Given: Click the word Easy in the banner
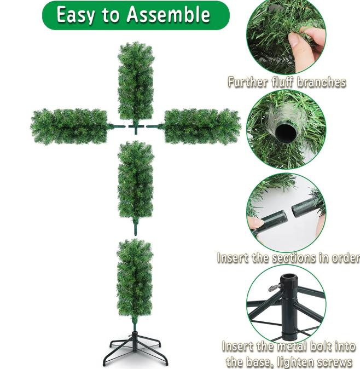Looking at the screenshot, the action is click(x=76, y=15).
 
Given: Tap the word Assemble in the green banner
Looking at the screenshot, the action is click(x=168, y=14).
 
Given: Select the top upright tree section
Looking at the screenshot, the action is click(x=136, y=82).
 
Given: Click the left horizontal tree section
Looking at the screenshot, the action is click(x=71, y=126).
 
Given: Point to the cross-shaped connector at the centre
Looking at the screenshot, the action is click(x=136, y=128).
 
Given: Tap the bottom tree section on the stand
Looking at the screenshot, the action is click(x=135, y=282).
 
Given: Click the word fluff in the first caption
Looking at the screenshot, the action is click(x=283, y=82).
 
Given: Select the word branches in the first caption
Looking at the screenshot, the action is click(x=322, y=82).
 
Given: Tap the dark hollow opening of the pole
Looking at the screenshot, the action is click(x=286, y=132).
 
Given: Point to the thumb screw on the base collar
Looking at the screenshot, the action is click(x=275, y=287).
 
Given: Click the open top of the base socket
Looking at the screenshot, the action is click(x=289, y=276).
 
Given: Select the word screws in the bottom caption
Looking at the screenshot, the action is click(x=333, y=362).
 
